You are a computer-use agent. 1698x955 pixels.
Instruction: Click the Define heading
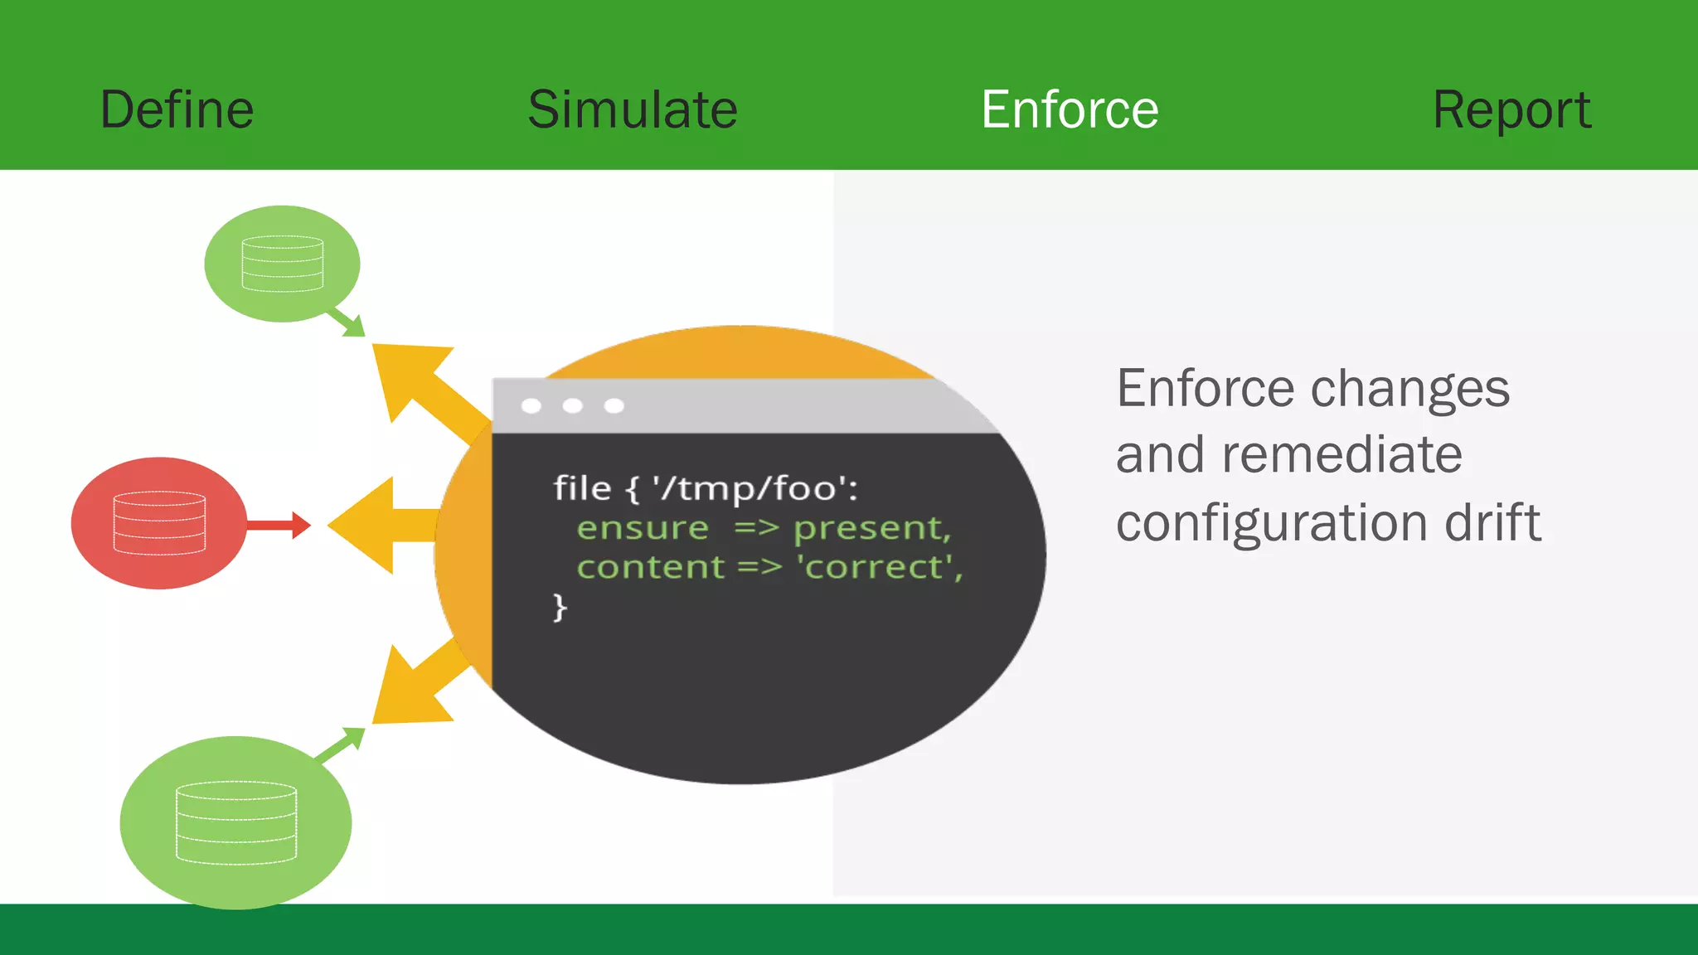177,109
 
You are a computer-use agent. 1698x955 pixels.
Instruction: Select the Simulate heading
632,109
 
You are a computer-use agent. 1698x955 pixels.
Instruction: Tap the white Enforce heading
1070,109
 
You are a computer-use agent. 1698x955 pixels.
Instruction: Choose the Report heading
1511,109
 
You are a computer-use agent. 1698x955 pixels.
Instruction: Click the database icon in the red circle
159,523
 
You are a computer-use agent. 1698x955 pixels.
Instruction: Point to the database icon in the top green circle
282,264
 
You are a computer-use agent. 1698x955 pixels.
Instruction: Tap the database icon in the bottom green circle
236,822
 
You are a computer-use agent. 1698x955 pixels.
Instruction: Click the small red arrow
279,525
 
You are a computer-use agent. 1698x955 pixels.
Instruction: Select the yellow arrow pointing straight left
373,525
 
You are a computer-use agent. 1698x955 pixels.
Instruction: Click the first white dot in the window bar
531,405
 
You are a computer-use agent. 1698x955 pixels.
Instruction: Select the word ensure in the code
643,528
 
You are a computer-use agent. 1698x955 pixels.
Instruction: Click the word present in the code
871,528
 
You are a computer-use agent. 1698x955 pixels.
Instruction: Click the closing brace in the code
560,607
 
